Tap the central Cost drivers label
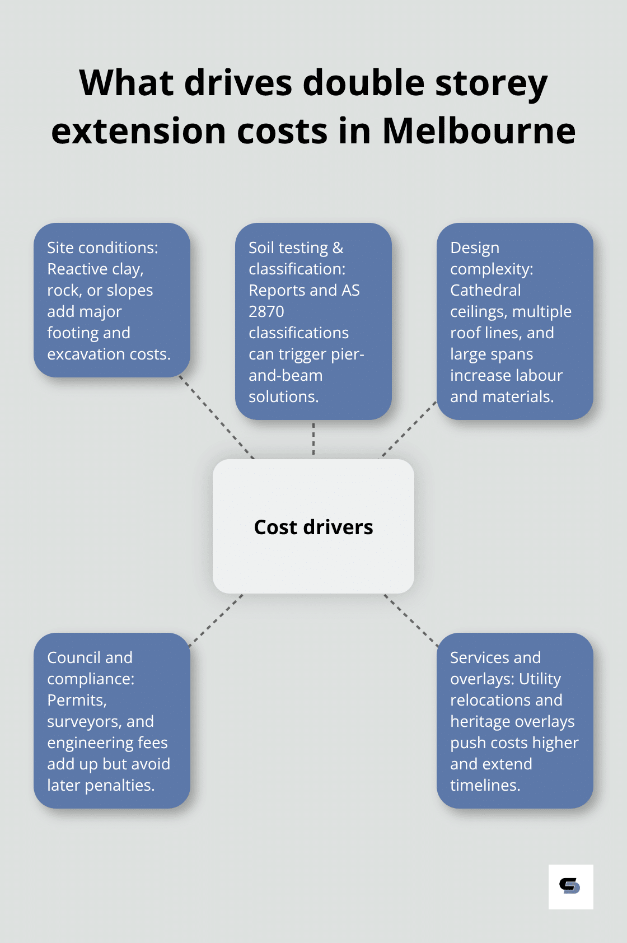coord(313,527)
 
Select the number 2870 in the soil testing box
coord(266,311)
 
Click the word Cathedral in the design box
coord(485,290)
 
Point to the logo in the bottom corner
coord(570,886)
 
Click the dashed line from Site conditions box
coord(217,417)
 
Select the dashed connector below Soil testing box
coord(313,439)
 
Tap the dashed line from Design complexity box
coord(409,430)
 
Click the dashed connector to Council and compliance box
coord(216,620)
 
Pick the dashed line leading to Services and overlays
coord(411,620)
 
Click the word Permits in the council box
coord(76,700)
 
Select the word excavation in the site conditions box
coord(78,354)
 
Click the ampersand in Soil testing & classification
coord(338,248)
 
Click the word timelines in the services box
coord(485,785)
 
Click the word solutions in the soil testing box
coord(283,396)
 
